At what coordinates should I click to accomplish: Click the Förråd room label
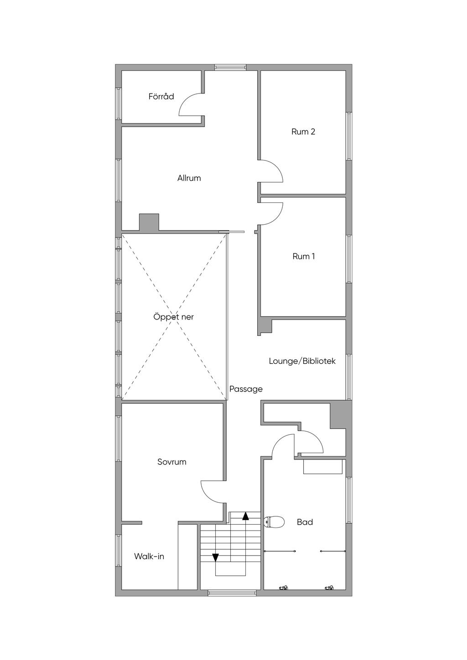[x=161, y=96]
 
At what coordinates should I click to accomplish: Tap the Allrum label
[x=189, y=178]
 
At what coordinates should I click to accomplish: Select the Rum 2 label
[x=303, y=131]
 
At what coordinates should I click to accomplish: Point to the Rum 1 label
[x=303, y=256]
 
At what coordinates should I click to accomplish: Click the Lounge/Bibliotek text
[x=302, y=361]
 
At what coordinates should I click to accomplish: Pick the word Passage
[x=246, y=389]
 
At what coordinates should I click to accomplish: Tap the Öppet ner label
[x=173, y=317]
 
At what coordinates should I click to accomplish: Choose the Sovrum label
[x=171, y=462]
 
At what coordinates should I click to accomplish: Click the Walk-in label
[x=149, y=556]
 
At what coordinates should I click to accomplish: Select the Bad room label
[x=305, y=522]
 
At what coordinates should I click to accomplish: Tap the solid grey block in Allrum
[x=149, y=222]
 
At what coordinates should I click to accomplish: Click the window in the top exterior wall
[x=230, y=67]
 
